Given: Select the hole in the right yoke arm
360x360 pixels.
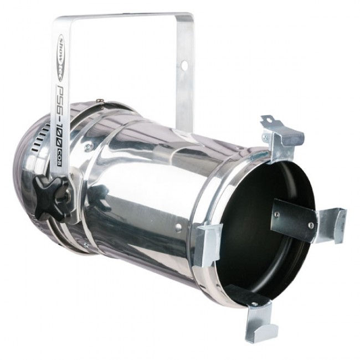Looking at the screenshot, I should point(184,65).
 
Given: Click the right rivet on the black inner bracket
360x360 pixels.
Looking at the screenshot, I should point(311,225).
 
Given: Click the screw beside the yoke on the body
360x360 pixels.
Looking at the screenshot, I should point(88,147).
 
